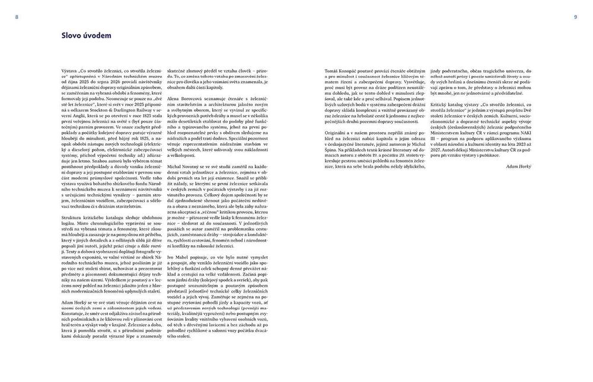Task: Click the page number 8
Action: pos(17,17)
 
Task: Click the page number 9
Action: pos(575,17)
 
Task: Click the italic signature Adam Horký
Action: pos(519,167)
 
